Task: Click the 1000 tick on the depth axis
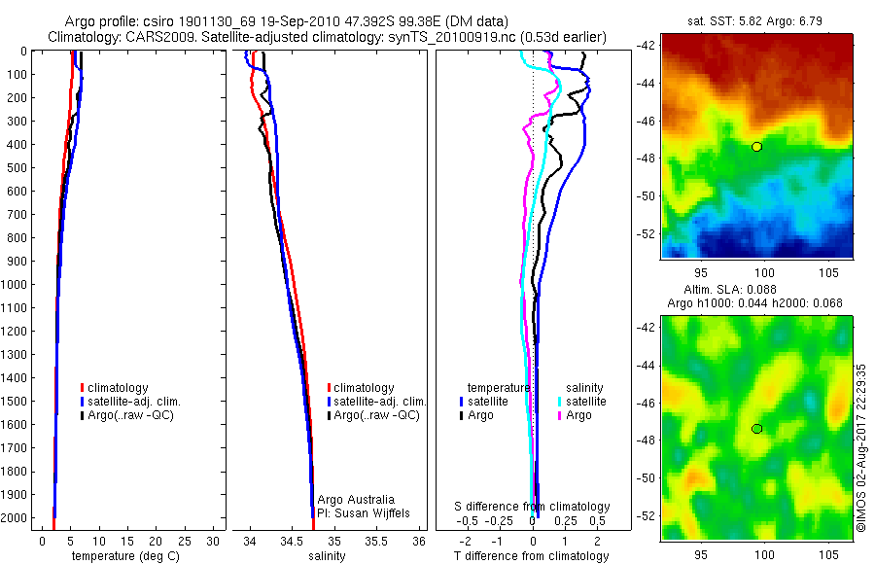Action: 17,285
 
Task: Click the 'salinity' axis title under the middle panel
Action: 327,556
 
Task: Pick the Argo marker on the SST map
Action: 756,146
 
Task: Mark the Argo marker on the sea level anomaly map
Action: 756,429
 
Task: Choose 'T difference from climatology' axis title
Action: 531,556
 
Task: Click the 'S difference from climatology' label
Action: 533,507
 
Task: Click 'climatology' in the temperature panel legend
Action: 119,388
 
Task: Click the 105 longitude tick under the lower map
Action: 826,554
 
